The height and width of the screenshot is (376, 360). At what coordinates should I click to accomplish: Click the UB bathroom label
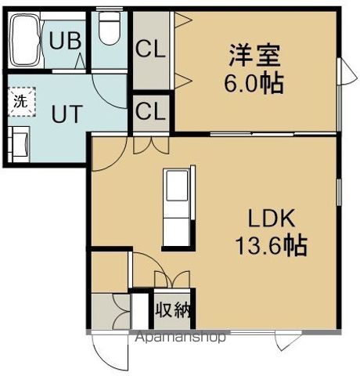coord(67,40)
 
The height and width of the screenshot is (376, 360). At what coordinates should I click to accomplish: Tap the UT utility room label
coord(66,114)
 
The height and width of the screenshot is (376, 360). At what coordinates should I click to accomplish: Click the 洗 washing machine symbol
coord(19,99)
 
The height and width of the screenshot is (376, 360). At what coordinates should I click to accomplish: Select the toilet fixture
coord(107,31)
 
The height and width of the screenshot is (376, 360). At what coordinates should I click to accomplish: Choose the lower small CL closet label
coord(149,111)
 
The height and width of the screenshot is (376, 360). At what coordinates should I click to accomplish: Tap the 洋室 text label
coord(254,56)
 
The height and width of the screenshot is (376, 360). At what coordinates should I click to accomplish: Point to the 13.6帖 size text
coord(271,247)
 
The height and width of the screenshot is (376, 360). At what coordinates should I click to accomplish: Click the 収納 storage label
coord(171,310)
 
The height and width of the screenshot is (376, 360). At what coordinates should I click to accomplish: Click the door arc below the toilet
coord(106,82)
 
